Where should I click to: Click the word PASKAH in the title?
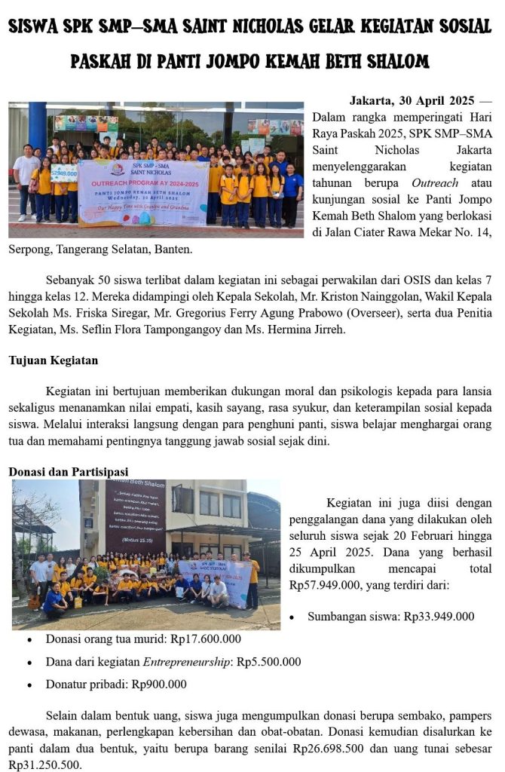tap(104, 61)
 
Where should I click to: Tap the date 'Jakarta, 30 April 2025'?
tap(412, 101)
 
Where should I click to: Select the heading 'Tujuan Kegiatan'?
tap(53, 360)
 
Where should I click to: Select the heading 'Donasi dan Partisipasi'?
tap(68, 472)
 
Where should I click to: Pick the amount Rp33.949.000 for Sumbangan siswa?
tap(439, 617)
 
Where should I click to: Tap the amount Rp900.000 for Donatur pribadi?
tap(159, 685)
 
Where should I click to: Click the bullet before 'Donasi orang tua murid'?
tap(29, 640)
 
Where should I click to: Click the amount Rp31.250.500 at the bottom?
tap(42, 764)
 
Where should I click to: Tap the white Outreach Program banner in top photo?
tap(142, 192)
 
